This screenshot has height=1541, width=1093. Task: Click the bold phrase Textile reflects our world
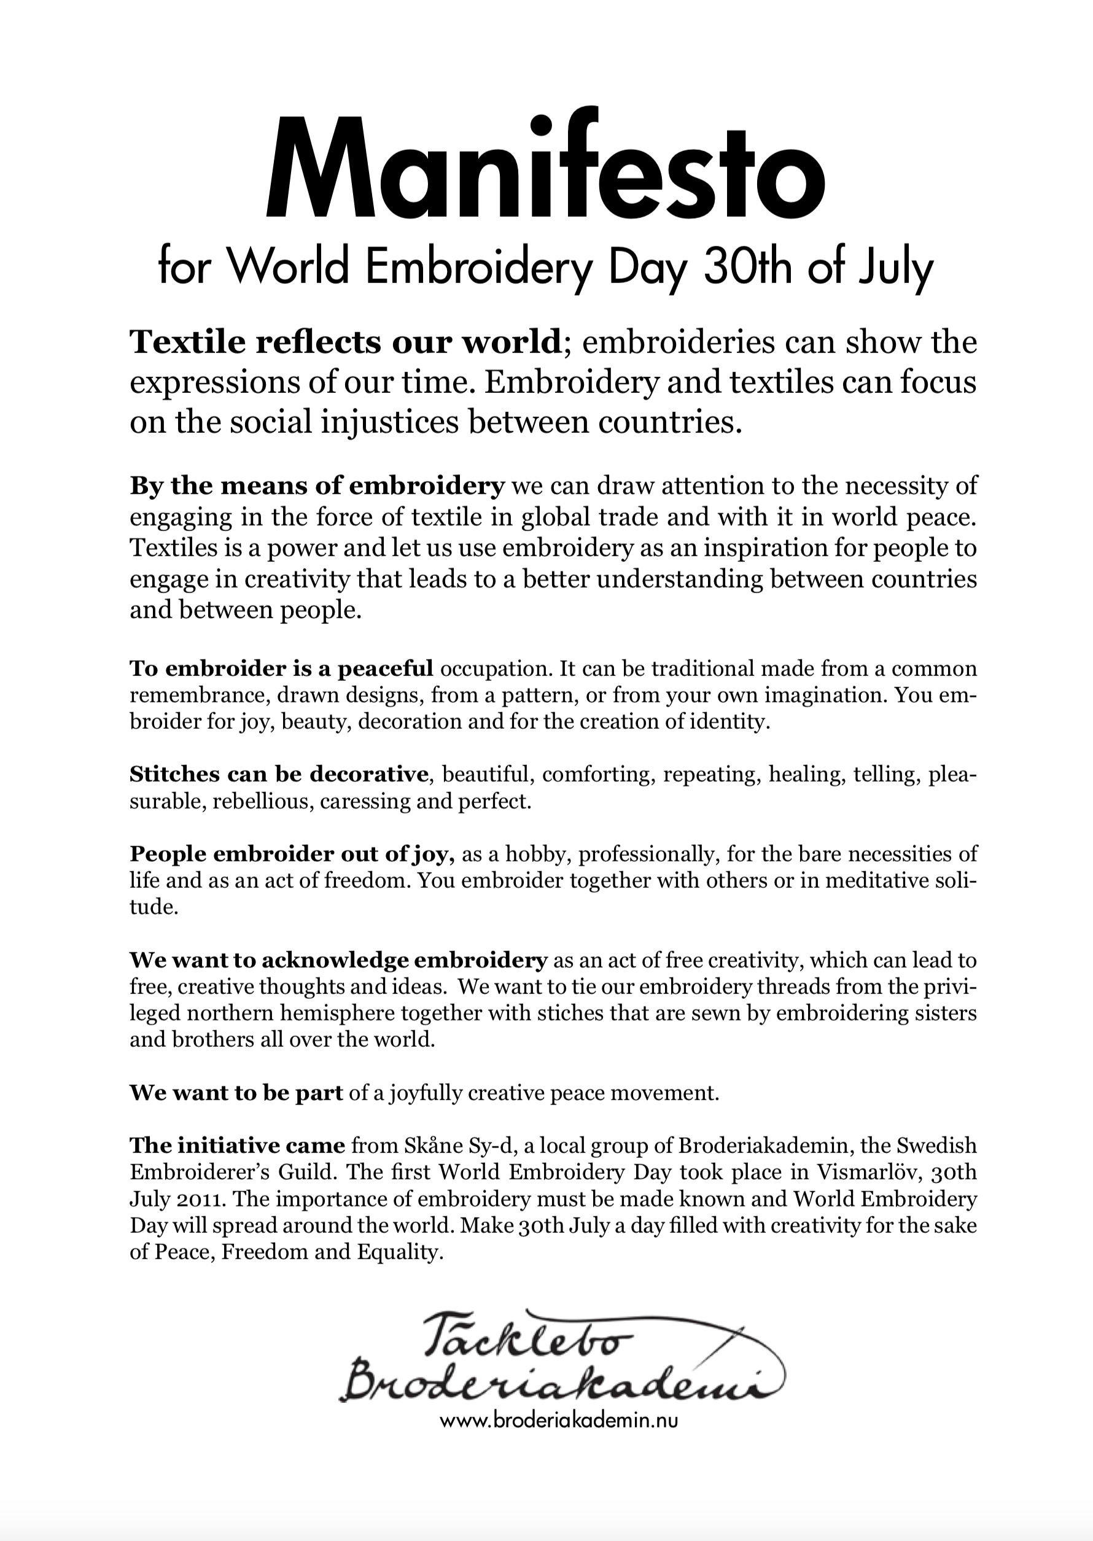tap(345, 343)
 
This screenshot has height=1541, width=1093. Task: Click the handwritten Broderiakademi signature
tap(552, 1386)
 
